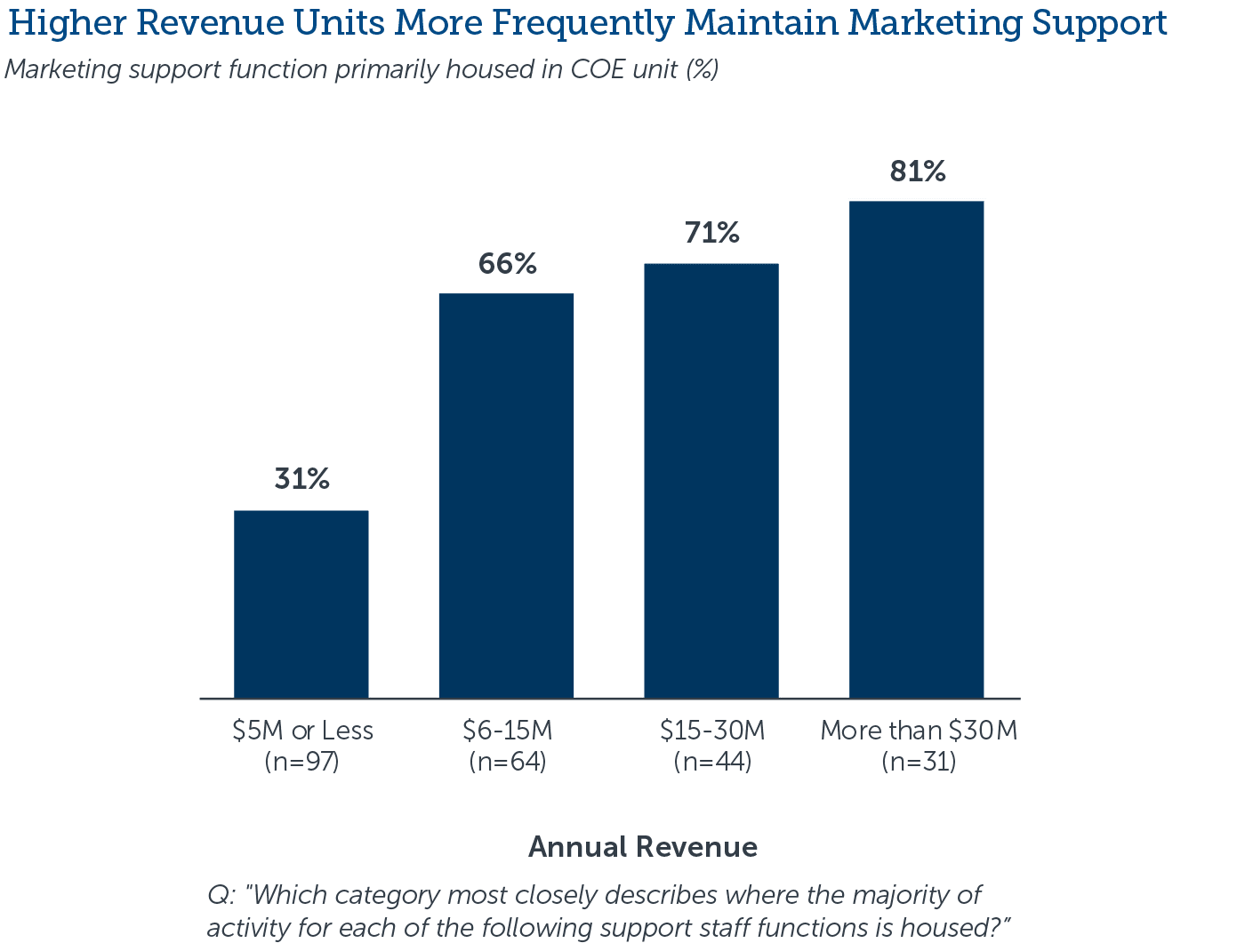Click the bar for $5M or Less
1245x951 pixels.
301,603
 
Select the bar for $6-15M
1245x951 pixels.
506,494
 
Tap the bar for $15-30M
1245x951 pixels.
711,480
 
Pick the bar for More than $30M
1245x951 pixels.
916,449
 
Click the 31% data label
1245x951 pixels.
301,479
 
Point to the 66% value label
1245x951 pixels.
507,264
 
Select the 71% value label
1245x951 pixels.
711,233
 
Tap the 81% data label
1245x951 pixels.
917,171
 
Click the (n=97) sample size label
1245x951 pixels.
301,763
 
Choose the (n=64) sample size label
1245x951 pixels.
507,763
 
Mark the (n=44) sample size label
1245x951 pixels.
712,763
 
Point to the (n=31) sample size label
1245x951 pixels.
918,763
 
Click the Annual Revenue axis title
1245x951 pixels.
642,847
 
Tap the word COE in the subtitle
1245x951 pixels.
588,69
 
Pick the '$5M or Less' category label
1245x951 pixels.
302,731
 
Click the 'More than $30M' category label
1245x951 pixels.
918,731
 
